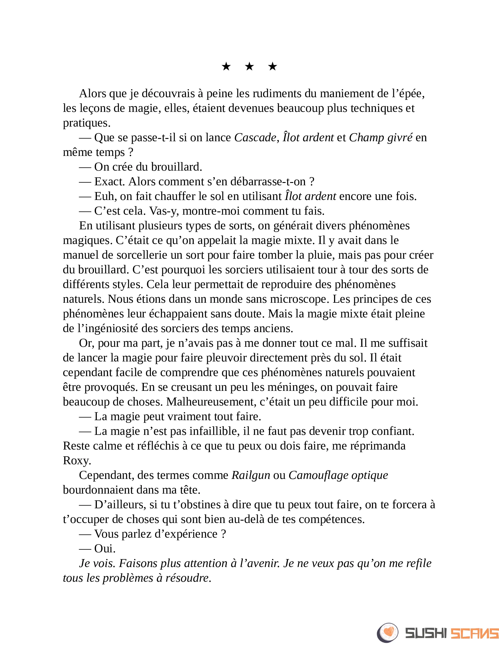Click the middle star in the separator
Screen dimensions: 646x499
click(249, 67)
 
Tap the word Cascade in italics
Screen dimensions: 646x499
click(255, 137)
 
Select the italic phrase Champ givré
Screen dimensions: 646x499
click(380, 137)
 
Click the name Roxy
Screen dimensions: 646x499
click(77, 460)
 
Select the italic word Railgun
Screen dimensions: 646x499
click(251, 475)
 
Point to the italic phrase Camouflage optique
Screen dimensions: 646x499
click(338, 475)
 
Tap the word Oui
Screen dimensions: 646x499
click(105, 549)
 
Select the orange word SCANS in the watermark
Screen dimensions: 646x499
click(474, 633)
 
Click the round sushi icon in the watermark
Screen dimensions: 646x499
click(387, 633)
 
